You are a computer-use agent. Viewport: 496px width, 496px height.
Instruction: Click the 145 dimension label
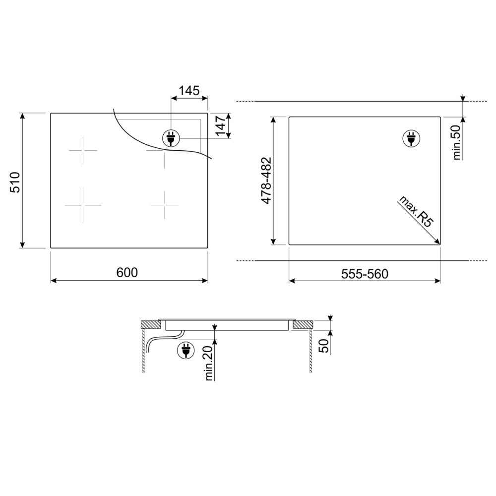coord(189,91)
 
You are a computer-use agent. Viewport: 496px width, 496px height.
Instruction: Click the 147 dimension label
coord(221,125)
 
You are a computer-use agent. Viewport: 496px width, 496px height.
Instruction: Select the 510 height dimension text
coord(15,182)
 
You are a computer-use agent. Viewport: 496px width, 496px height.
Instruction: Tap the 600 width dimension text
coord(127,272)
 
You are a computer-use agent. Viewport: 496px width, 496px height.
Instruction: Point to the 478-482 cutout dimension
coord(266,181)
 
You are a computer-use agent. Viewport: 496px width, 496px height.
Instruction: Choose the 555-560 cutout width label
coord(365,274)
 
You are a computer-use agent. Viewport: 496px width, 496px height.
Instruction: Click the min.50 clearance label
coord(456,142)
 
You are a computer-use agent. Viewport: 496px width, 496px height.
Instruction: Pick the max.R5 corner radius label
coord(416,211)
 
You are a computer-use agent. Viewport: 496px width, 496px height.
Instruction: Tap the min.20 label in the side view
coord(209,363)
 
